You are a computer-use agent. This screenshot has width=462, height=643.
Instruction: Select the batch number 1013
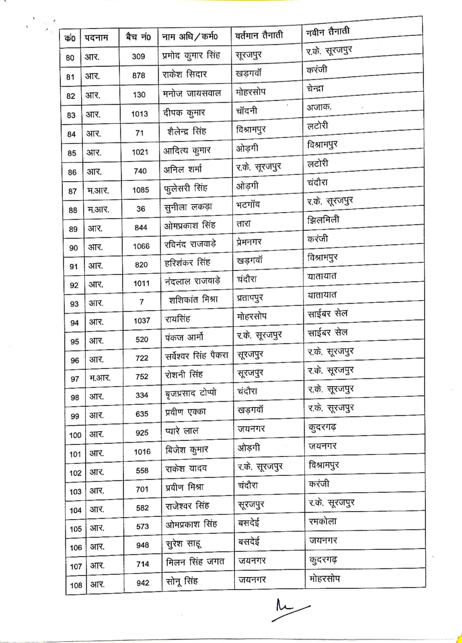point(139,114)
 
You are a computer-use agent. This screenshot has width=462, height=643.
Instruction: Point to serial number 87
point(72,191)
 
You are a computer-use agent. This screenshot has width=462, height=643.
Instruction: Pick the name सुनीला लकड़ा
point(188,207)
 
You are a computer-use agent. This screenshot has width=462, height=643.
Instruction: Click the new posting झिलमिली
point(323,220)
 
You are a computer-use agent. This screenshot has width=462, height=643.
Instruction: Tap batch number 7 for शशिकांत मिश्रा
point(141,302)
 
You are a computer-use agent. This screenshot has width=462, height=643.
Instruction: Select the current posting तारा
point(244,224)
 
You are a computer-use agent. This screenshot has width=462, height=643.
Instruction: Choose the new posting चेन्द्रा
point(315,89)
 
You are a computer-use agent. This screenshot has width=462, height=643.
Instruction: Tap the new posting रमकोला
point(323,521)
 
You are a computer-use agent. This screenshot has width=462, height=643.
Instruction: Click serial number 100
point(75,435)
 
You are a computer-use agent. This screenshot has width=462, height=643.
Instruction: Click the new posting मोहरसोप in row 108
point(324,578)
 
